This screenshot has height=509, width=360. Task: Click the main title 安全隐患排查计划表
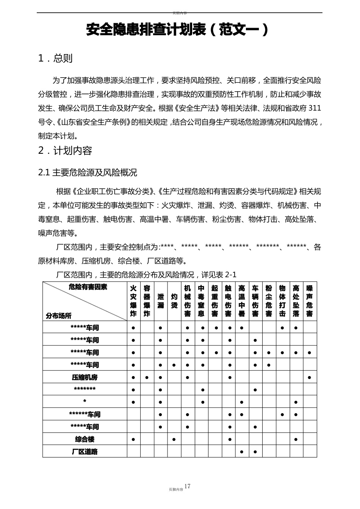click(x=146, y=30)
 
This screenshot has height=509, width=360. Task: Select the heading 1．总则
click(x=55, y=58)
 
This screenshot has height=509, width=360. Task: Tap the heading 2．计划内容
click(x=65, y=151)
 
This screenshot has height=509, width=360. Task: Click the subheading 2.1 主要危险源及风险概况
click(x=88, y=173)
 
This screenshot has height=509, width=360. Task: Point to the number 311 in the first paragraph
click(x=315, y=108)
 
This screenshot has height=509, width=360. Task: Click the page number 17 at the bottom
click(x=187, y=486)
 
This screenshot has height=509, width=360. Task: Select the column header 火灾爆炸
click(x=133, y=301)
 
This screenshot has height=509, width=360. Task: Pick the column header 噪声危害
click(x=310, y=301)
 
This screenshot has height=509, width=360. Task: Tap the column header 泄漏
click(x=161, y=301)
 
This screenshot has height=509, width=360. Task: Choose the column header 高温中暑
click(x=242, y=301)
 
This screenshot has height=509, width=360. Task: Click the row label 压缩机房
click(x=85, y=377)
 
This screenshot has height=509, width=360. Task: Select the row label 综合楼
click(x=85, y=439)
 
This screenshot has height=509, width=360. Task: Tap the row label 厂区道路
click(x=85, y=451)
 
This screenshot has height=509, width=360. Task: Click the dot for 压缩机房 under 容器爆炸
click(x=147, y=378)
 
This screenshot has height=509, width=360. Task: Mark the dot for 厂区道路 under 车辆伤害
click(x=255, y=452)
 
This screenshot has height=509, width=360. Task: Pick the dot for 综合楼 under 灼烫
click(x=174, y=440)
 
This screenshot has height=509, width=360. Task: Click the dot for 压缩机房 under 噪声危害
click(x=310, y=378)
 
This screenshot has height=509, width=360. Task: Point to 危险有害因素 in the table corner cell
click(x=88, y=287)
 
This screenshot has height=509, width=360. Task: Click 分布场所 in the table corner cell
click(x=59, y=315)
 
